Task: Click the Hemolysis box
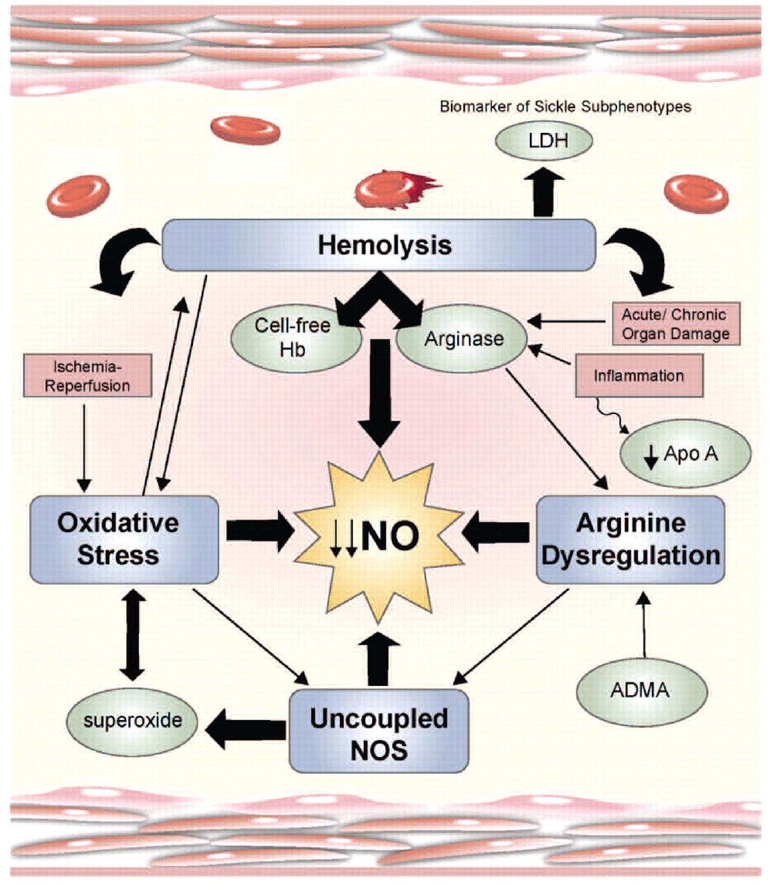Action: [x=379, y=245]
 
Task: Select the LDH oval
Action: [x=544, y=141]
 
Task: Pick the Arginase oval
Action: [x=462, y=339]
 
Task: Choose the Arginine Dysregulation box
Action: [x=630, y=539]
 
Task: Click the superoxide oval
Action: [x=132, y=721]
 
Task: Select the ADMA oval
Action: [x=641, y=689]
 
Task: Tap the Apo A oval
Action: [x=685, y=454]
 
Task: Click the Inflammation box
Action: [x=638, y=376]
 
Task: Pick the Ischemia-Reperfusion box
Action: [x=87, y=375]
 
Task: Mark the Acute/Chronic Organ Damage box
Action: [x=675, y=323]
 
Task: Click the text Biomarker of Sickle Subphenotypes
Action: [x=565, y=107]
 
